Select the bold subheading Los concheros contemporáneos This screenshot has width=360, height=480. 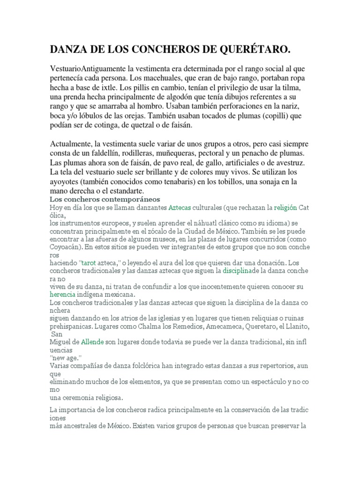pos(105,199)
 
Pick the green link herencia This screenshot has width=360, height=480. pos(63,294)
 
